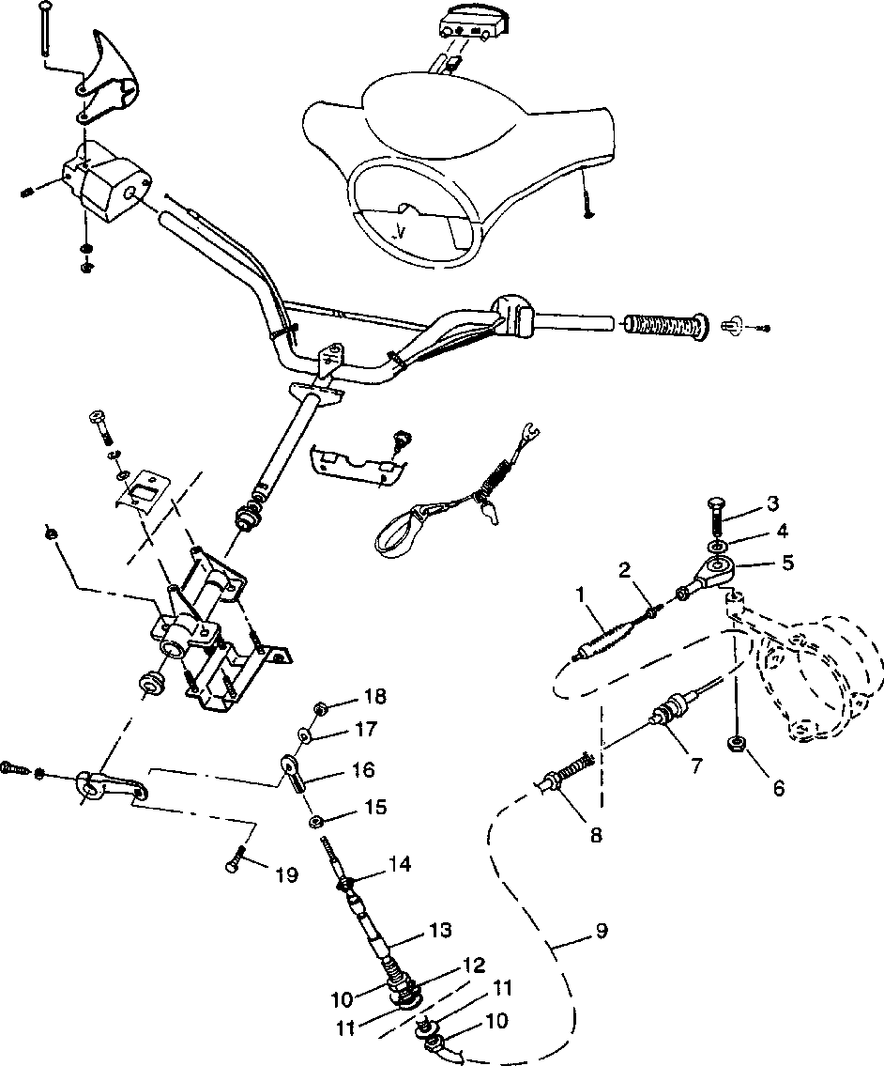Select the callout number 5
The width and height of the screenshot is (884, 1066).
pyautogui.click(x=786, y=563)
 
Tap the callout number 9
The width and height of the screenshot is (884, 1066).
pyautogui.click(x=601, y=931)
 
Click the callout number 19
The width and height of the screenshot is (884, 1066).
pyautogui.click(x=285, y=875)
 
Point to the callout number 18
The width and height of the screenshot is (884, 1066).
pyautogui.click(x=374, y=697)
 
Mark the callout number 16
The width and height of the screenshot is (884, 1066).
pyautogui.click(x=362, y=770)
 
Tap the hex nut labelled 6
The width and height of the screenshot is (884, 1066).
pyautogui.click(x=738, y=745)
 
